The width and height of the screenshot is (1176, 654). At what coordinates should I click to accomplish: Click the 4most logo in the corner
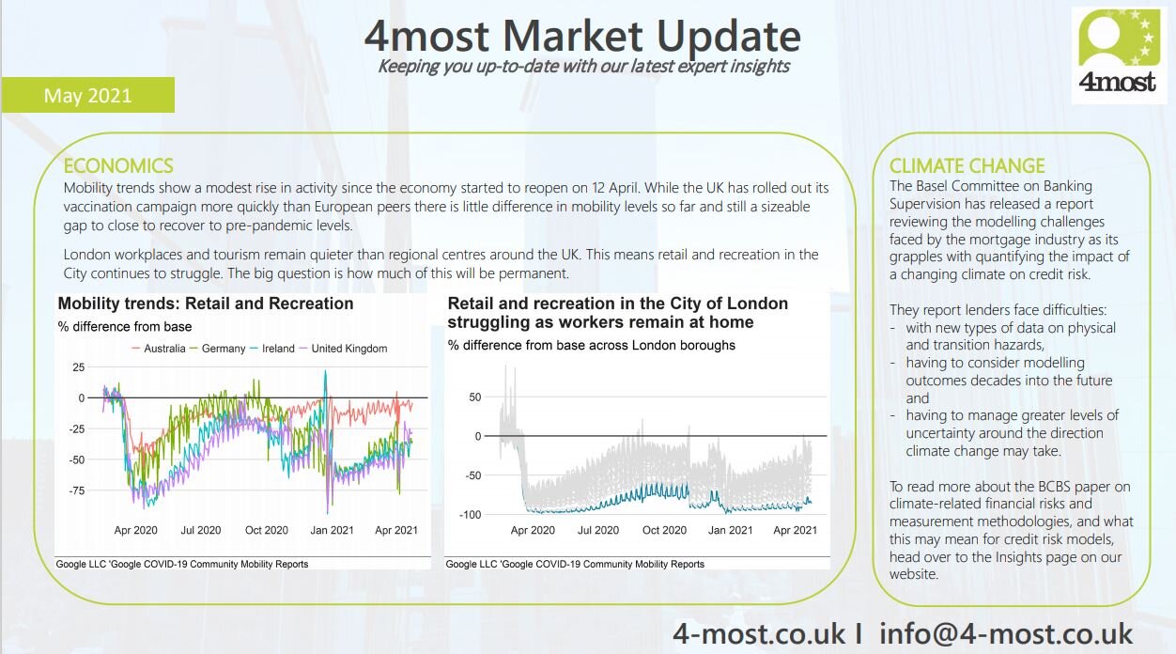pyautogui.click(x=1119, y=55)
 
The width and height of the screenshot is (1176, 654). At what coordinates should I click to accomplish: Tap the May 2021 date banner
pyautogui.click(x=87, y=95)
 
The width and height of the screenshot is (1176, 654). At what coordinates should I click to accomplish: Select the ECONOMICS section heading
pyautogui.click(x=118, y=166)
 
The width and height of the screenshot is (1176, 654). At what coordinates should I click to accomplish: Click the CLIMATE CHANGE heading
pyautogui.click(x=967, y=166)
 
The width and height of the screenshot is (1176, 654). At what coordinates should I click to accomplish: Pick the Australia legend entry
pyautogui.click(x=158, y=349)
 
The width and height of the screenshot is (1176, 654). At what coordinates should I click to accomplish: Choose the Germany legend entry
pyautogui.click(x=217, y=349)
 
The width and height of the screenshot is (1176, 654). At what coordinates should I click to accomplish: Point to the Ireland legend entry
pyautogui.click(x=272, y=349)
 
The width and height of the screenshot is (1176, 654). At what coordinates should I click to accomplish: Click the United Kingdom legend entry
pyautogui.click(x=343, y=349)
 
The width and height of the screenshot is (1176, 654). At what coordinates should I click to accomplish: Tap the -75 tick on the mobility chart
pyautogui.click(x=77, y=490)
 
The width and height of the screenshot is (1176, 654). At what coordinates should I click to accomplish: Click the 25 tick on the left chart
pyautogui.click(x=78, y=367)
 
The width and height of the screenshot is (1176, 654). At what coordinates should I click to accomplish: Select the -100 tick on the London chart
pyautogui.click(x=470, y=515)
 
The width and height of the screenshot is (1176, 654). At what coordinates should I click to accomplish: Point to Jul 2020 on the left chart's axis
pyautogui.click(x=201, y=530)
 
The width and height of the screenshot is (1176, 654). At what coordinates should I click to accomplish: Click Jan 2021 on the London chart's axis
pyautogui.click(x=730, y=530)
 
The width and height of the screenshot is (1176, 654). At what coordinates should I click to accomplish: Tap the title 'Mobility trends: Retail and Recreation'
pyautogui.click(x=206, y=304)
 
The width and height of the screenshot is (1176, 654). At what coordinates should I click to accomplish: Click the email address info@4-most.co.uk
pyautogui.click(x=1006, y=633)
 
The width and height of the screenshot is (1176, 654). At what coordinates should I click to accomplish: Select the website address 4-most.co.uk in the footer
pyautogui.click(x=759, y=633)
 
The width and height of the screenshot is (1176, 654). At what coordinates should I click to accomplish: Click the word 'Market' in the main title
pyautogui.click(x=572, y=36)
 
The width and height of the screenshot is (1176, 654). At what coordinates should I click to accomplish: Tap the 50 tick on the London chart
pyautogui.click(x=474, y=397)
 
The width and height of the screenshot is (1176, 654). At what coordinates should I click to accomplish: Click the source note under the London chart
pyautogui.click(x=575, y=564)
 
